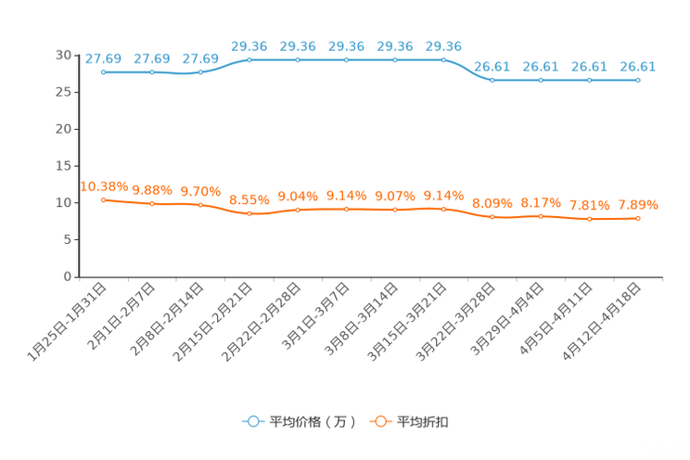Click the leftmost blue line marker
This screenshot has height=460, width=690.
click(x=103, y=71)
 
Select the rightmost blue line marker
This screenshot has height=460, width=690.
click(x=638, y=81)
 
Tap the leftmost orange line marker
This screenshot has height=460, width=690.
click(x=103, y=199)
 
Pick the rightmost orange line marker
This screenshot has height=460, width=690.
click(x=638, y=218)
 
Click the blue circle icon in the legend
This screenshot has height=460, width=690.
click(x=252, y=421)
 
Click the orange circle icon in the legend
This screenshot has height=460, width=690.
click(x=378, y=421)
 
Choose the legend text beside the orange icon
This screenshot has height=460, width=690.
click(x=424, y=422)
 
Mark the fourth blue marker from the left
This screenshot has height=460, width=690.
click(x=249, y=60)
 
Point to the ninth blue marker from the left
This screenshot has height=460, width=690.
click(x=492, y=81)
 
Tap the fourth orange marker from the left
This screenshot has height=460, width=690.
click(x=249, y=213)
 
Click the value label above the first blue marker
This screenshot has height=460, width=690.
click(x=103, y=58)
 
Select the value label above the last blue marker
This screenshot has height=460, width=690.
click(x=638, y=67)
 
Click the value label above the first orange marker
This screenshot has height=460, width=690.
click(x=103, y=186)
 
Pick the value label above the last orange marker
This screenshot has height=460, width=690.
click(x=638, y=204)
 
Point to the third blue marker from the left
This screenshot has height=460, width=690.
click(x=200, y=71)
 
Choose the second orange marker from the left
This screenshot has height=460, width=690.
click(x=152, y=203)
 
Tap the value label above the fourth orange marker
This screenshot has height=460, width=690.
click(x=249, y=199)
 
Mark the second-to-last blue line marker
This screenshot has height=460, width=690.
click(x=589, y=81)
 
